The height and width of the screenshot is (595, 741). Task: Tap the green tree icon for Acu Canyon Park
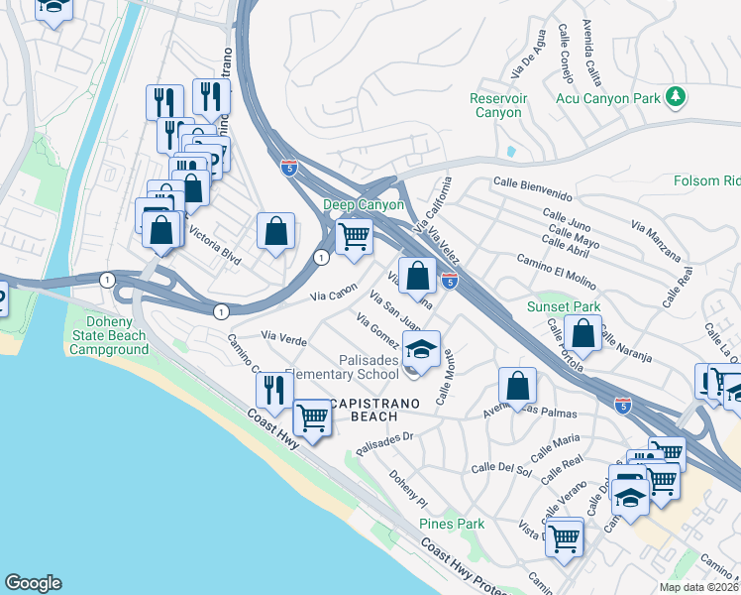(677, 95)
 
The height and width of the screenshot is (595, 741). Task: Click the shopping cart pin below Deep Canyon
(354, 237)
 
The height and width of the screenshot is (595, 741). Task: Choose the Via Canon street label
(333, 294)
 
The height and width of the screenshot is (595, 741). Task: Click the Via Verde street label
(283, 338)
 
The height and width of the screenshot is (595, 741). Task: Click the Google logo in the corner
(33, 583)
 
